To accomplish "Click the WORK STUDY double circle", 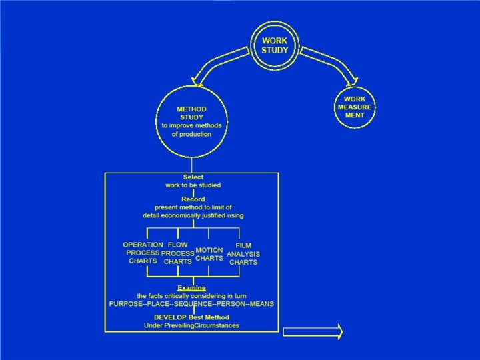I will (275, 45).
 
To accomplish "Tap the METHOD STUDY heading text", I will (191, 113).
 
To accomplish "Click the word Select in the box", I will (193, 177).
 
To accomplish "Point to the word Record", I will (193, 199).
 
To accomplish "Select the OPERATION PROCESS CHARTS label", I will (143, 253).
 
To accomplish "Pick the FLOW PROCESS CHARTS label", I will (178, 253).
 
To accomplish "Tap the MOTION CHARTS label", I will (209, 254).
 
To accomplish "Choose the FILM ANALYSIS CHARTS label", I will (243, 253).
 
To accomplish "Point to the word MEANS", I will (261, 303).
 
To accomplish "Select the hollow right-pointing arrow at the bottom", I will (313, 331).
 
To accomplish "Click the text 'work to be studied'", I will (193, 185).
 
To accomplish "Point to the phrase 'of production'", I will (191, 134).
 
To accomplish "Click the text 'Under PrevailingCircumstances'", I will (191, 325).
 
